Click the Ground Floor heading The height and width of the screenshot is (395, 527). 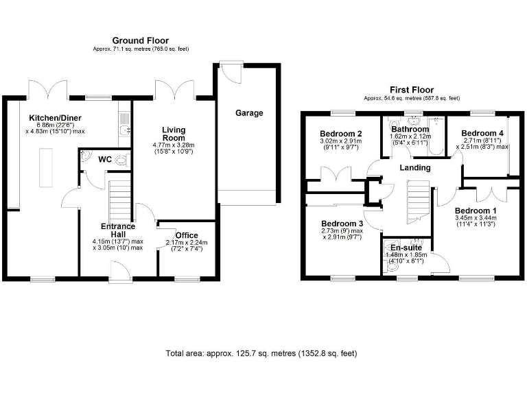pos(141,41)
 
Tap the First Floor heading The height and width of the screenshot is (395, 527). pos(412,90)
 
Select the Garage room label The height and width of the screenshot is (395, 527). pos(249,113)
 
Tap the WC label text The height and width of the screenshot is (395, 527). pos(105,159)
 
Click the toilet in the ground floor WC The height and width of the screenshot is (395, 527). pos(121,159)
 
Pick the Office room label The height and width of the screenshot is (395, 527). pos(187,235)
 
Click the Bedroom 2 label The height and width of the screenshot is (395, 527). pos(341,133)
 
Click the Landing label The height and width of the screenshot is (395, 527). pos(415,168)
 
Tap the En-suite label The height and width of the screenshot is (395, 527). pos(406,248)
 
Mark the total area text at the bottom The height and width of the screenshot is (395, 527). pos(261,354)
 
